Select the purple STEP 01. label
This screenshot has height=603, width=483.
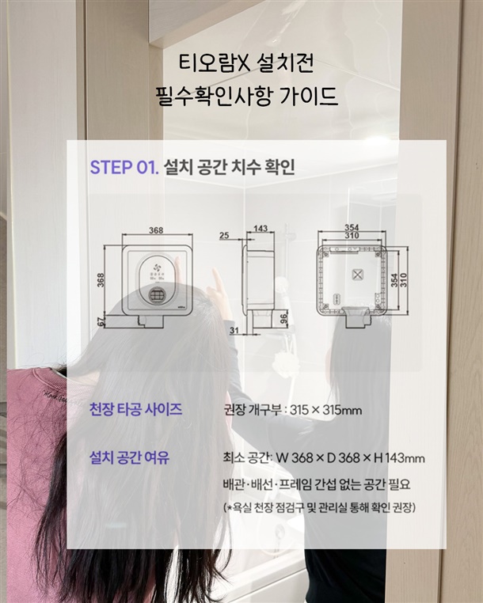[124, 167]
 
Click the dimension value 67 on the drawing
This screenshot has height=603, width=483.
[101, 322]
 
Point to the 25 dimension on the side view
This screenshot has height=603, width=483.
[224, 235]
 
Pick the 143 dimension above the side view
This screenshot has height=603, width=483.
[261, 229]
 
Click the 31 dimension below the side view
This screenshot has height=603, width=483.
[234, 330]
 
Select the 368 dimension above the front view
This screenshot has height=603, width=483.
[156, 230]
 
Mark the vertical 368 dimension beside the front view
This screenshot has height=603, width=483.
[101, 281]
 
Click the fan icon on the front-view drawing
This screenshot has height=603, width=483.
[157, 267]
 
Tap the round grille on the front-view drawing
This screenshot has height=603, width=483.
[157, 295]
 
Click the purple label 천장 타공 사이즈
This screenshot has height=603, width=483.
[135, 409]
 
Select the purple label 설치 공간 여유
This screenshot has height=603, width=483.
[129, 457]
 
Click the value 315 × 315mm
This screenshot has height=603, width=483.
[326, 411]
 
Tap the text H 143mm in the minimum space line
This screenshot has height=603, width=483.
[400, 458]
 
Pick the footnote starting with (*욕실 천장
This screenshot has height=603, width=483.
[320, 508]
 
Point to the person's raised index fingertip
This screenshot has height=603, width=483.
[215, 271]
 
